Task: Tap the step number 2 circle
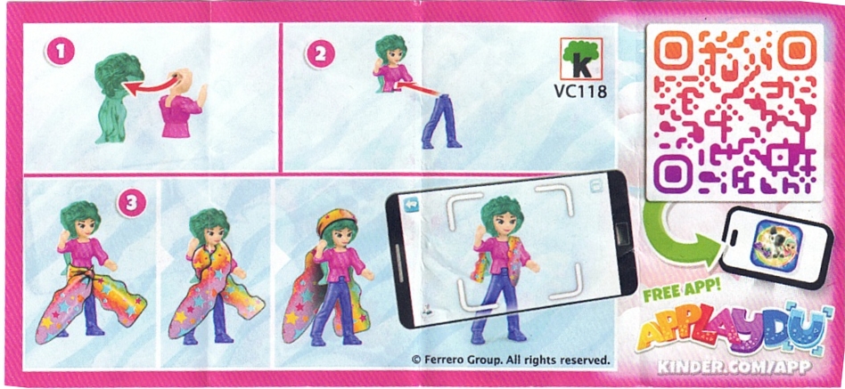pos(321,53)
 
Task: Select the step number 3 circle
pos(131,204)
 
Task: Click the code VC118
pos(580,92)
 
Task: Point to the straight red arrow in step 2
pos(419,89)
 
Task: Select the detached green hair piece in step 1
pos(116,97)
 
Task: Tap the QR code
pos(734,112)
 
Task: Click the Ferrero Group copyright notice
pos(510,359)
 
